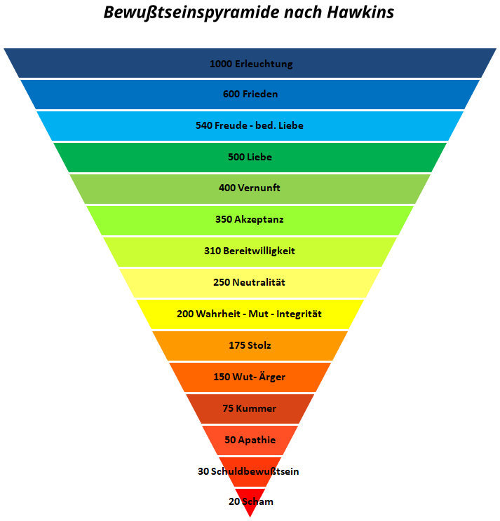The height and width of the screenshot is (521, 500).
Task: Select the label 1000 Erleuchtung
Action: [250, 64]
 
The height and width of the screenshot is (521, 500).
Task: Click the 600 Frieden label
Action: [250, 94]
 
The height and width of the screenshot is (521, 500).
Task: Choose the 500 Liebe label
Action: [250, 157]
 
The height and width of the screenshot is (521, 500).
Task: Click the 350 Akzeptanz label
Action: [250, 219]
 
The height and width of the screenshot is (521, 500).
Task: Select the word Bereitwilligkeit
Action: [259, 251]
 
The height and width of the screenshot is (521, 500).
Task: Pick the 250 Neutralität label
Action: [250, 282]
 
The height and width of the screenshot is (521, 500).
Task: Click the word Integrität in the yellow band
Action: [299, 314]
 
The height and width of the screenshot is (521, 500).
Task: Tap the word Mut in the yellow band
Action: [254, 314]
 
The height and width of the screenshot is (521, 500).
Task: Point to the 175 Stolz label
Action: [250, 345]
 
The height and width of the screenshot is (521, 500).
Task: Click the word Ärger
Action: [271, 377]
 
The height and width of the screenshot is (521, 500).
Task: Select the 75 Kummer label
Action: [250, 408]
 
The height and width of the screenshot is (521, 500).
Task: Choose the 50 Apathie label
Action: [250, 440]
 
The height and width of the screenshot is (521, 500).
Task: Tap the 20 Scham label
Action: [250, 501]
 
